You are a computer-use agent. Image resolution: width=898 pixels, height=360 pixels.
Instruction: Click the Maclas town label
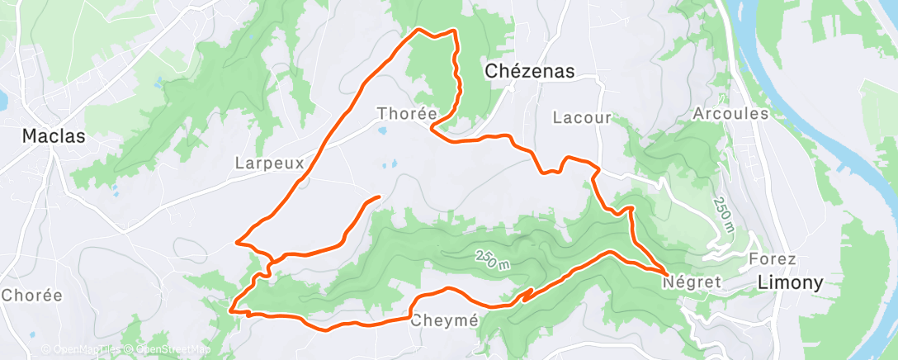(54, 136)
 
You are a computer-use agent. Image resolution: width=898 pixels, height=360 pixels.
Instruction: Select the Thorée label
(400, 113)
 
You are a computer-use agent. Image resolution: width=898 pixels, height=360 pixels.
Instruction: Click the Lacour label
(583, 118)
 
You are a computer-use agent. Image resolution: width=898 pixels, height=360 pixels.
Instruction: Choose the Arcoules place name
(731, 113)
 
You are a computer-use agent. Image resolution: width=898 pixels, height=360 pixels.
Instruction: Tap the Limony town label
(791, 282)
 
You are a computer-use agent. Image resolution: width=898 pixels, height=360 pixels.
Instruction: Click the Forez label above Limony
(772, 258)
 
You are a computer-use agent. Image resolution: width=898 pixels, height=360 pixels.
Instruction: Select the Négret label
(692, 282)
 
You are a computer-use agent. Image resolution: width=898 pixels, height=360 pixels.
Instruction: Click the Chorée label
(31, 295)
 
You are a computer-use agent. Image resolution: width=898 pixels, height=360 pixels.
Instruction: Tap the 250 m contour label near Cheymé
(492, 258)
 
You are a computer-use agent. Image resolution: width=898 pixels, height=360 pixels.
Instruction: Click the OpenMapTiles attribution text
(82, 350)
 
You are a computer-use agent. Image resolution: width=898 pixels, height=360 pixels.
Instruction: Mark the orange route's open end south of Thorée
(378, 197)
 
